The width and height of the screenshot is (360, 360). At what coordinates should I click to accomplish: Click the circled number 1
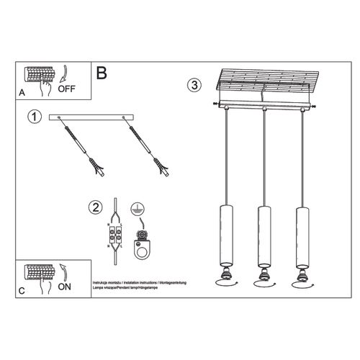(32, 116)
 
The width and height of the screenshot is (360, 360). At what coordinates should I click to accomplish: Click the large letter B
(102, 72)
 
